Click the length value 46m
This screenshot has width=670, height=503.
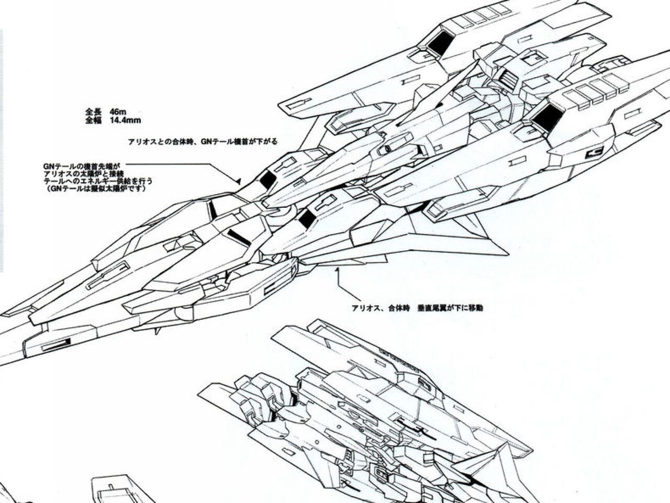click(x=118, y=111)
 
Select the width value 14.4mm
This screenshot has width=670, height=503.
click(x=126, y=120)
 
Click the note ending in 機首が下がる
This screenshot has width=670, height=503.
click(x=202, y=141)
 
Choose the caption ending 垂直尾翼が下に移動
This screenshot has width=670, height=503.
click(x=417, y=308)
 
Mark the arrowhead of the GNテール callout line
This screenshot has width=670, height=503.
click(x=238, y=182)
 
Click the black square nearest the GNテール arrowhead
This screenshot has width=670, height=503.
click(x=267, y=180)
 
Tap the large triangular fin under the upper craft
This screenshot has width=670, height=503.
click(x=461, y=241)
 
